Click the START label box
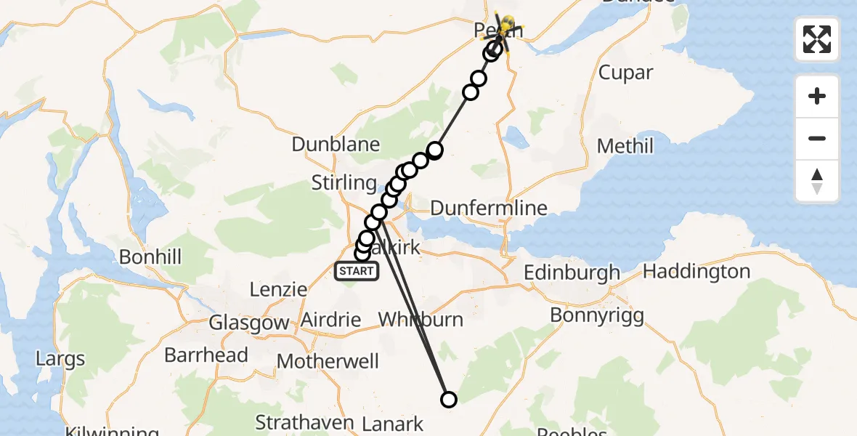click(357, 272)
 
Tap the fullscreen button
click(817, 39)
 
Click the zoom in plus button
click(817, 96)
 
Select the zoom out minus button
click(817, 138)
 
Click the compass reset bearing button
click(817, 180)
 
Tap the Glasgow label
click(249, 323)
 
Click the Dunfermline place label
click(488, 209)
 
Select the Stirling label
click(344, 182)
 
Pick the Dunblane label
click(336, 144)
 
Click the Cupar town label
click(625, 73)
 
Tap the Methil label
click(625, 146)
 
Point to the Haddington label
click(696, 272)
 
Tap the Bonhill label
click(150, 257)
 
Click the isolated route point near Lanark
click(449, 399)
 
